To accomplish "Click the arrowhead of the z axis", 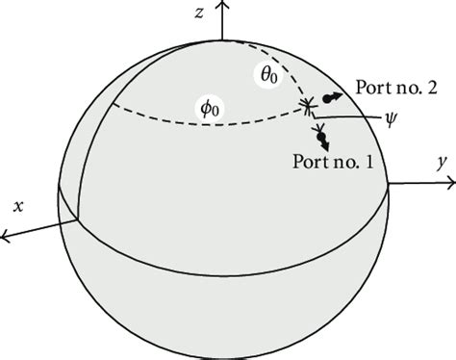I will tap(223, 7).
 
